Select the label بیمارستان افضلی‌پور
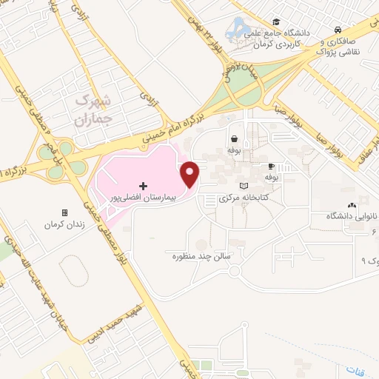[143, 198]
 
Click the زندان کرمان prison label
[61, 224]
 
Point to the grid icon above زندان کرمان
[65, 212]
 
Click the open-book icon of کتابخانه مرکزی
[245, 186]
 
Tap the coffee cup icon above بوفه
[272, 167]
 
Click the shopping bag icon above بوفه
[235, 138]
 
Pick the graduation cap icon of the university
[276, 21]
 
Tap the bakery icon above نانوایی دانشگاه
[351, 204]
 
